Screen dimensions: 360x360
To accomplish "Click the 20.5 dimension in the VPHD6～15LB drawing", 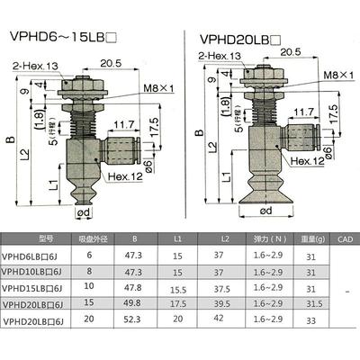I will [112, 64].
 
